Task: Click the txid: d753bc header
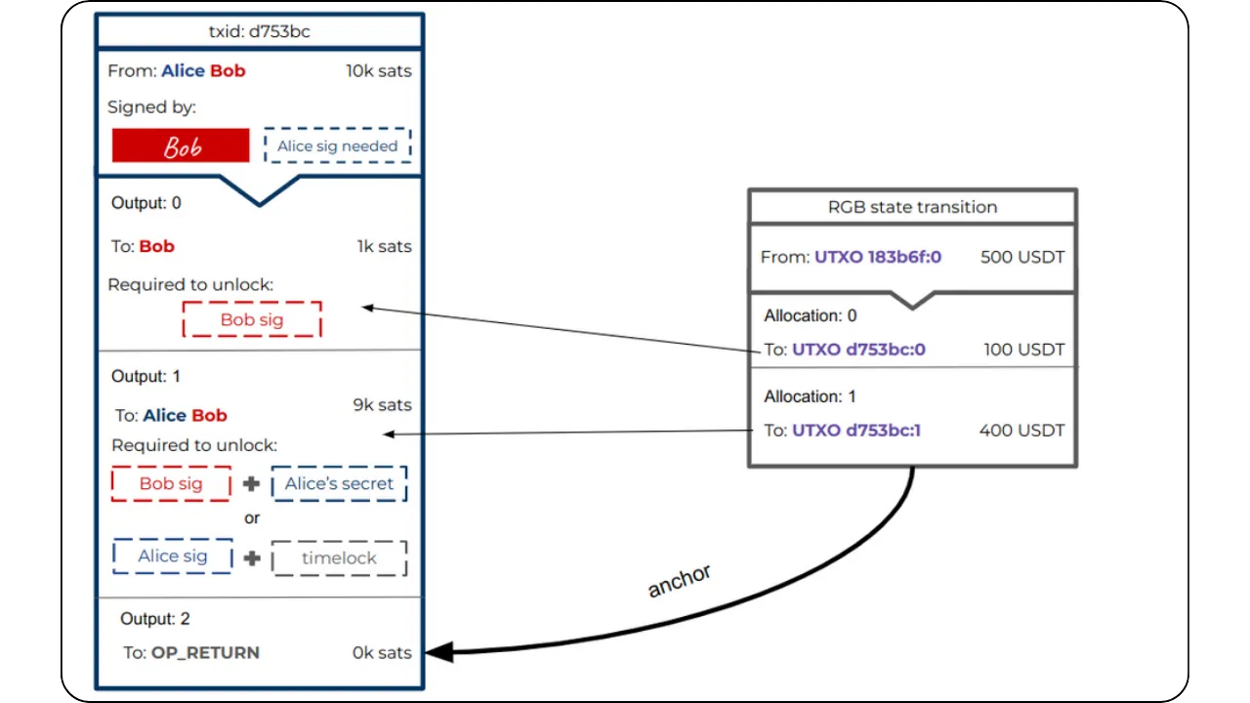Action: [x=259, y=31]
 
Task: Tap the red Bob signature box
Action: [x=181, y=145]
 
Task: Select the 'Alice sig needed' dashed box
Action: [x=337, y=145]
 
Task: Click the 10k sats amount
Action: [x=378, y=71]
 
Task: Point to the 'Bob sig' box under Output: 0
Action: [x=251, y=319]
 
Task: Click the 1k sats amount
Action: [x=384, y=246]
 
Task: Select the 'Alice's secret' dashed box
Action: [x=339, y=483]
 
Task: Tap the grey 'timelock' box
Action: [x=339, y=558]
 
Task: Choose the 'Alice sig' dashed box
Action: [x=173, y=556]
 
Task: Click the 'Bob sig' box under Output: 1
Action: [x=171, y=483]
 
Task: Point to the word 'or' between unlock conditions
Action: [x=252, y=518]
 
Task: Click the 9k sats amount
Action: [x=382, y=405]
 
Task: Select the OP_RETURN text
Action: [x=205, y=652]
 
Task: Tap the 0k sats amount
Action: [x=382, y=652]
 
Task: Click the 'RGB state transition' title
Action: [x=912, y=207]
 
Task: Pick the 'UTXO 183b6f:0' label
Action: [x=878, y=258]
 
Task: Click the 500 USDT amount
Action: [x=1022, y=258]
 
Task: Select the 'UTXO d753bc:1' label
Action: [x=856, y=430]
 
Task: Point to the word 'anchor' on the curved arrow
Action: [x=680, y=580]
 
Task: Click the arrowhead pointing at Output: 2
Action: [x=438, y=651]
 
